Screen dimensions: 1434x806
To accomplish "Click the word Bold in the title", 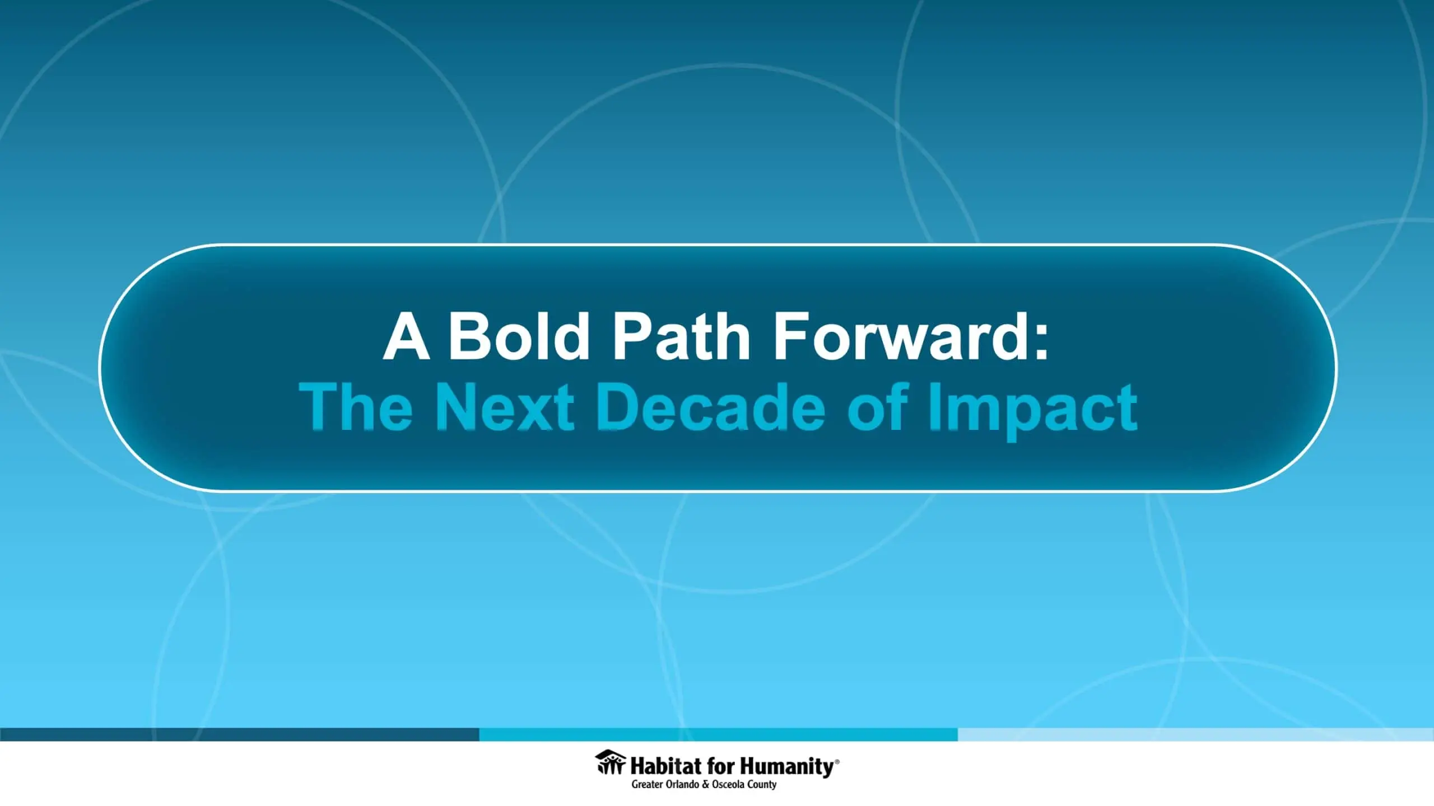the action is tap(518, 337).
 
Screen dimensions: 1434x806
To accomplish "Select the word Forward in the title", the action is tap(896, 337).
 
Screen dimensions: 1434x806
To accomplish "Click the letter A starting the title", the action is tap(407, 337).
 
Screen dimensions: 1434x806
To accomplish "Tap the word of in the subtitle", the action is tap(877, 406).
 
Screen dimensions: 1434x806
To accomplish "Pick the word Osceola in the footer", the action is tap(728, 784).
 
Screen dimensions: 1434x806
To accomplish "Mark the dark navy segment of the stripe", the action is tap(240, 734).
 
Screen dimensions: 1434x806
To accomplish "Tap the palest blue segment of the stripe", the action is tap(1196, 734).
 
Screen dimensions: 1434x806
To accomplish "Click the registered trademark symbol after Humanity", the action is tap(837, 761).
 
